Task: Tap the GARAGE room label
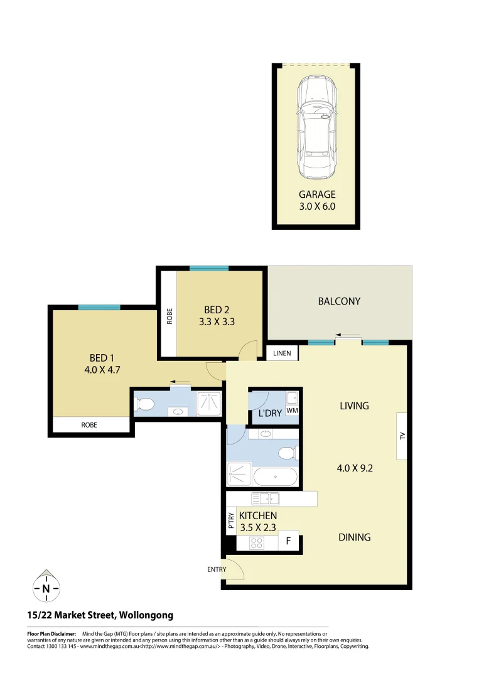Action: click(317, 195)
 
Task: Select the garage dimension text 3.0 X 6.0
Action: click(317, 206)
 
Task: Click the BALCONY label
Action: click(339, 301)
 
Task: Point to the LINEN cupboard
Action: click(282, 354)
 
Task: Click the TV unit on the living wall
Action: click(402, 436)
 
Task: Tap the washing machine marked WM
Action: click(292, 411)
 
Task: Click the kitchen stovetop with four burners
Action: click(256, 543)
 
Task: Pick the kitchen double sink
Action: click(265, 499)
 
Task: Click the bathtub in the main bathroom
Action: click(276, 477)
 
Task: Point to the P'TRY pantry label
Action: click(231, 522)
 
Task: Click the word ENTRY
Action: click(217, 569)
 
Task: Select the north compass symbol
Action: click(46, 588)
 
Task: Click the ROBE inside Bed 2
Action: click(169, 314)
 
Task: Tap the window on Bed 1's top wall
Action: click(99, 308)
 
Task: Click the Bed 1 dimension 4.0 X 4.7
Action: click(102, 370)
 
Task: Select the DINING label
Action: click(354, 537)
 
